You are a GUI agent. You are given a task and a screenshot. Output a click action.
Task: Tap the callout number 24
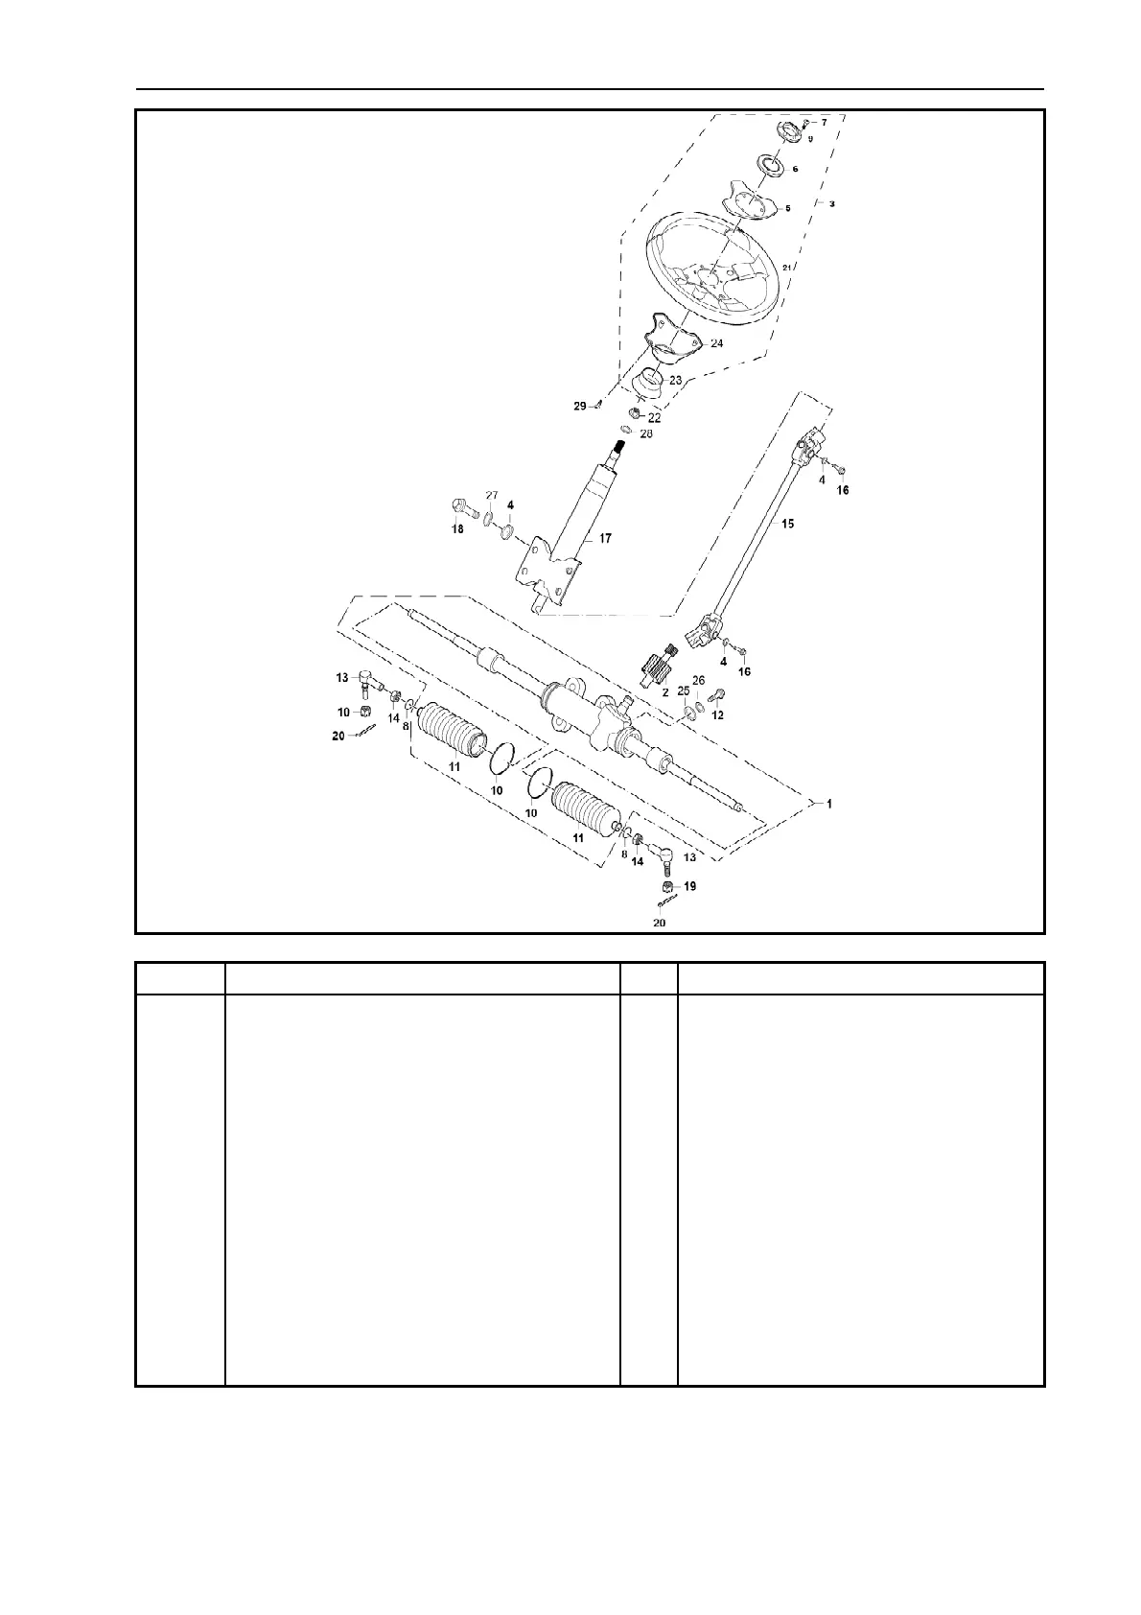click(716, 342)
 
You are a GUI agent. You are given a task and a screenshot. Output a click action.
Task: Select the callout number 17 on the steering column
click(605, 539)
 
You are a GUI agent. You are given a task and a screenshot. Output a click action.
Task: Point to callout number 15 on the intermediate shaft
click(787, 524)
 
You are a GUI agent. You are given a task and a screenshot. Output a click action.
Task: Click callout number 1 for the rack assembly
click(829, 804)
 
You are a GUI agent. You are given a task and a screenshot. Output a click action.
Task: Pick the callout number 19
click(689, 886)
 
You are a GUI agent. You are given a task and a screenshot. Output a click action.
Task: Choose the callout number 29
click(579, 407)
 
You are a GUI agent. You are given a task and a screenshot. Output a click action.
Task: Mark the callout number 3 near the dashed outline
click(831, 204)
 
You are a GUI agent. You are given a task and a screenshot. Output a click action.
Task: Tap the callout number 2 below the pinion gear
click(664, 690)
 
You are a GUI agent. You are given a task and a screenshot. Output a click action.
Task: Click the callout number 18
click(457, 529)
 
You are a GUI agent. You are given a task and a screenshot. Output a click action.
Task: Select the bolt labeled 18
click(460, 505)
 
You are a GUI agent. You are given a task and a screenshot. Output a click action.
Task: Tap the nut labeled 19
click(667, 886)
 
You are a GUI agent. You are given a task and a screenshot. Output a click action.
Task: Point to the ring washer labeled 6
click(769, 165)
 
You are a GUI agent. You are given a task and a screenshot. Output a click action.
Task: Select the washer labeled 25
click(688, 713)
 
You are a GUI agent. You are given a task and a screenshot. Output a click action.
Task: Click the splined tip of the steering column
click(619, 446)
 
